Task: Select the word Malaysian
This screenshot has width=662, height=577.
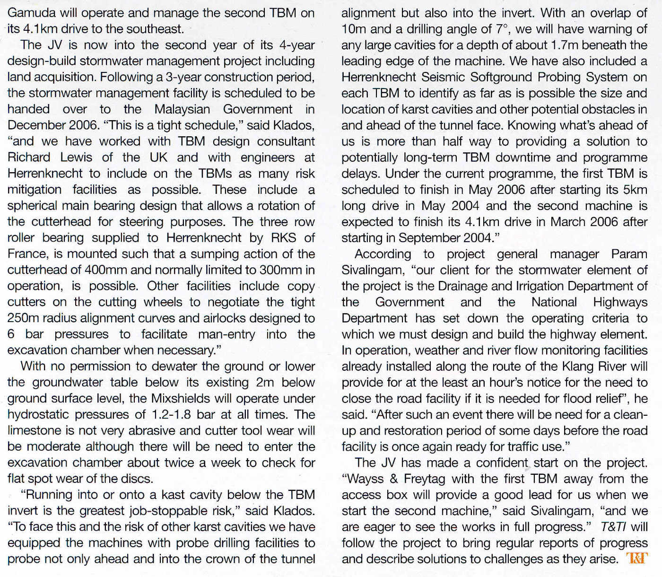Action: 182,109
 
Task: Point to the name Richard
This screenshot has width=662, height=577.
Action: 29,157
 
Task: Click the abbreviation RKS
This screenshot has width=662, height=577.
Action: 284,238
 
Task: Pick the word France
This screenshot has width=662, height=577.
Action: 27,254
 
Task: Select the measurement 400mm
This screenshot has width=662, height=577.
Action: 105,270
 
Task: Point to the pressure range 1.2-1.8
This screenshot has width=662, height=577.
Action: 171,415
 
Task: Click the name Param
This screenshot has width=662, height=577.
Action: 629,254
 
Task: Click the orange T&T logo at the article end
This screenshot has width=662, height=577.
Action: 636,559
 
